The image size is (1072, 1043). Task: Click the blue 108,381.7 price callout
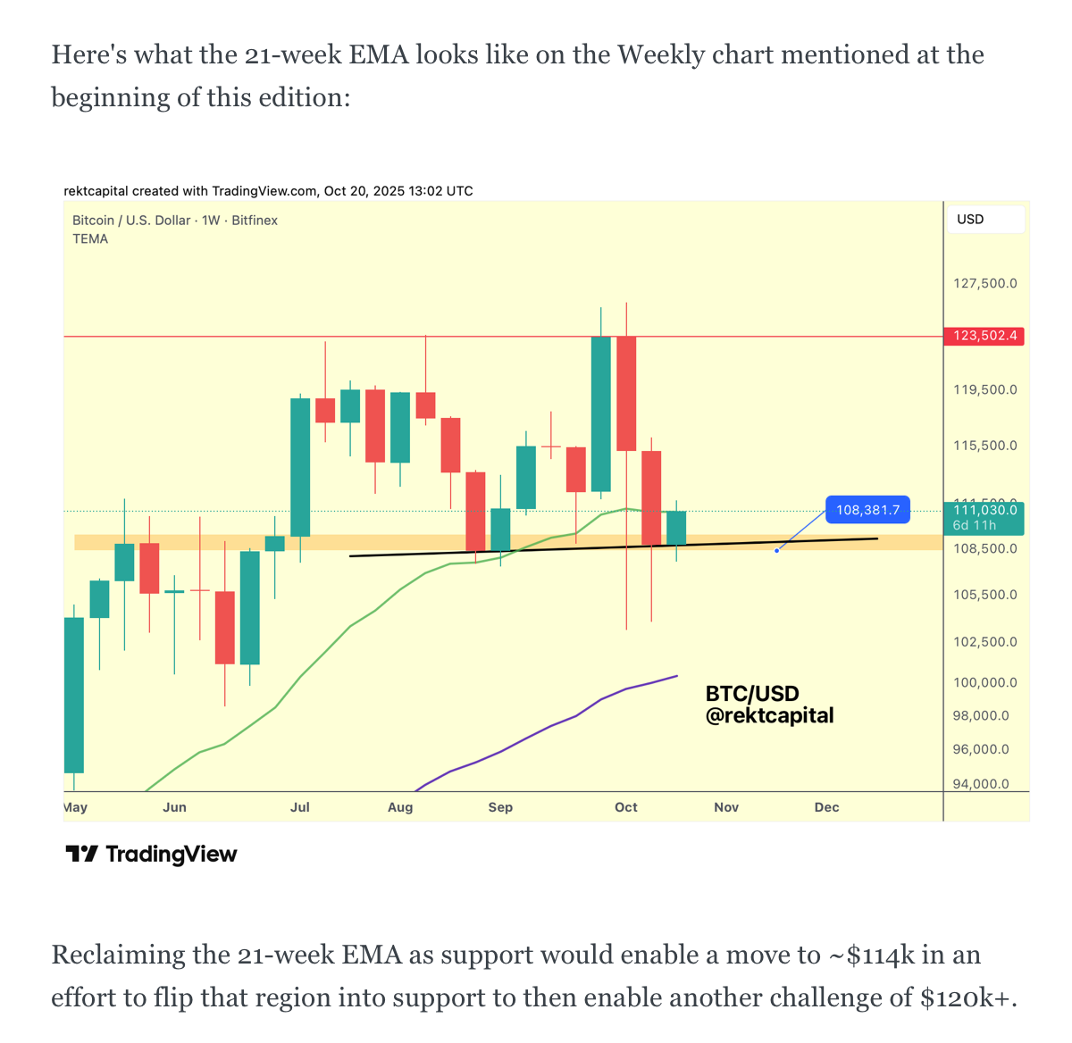867,510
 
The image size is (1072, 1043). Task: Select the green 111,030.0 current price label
984,511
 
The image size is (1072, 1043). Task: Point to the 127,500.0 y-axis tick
984,283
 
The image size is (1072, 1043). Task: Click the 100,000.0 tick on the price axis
984,682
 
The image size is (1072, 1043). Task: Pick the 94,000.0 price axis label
981,784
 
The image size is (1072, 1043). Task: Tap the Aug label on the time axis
400,807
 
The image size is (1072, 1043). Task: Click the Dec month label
826,807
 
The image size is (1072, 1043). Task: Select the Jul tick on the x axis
300,807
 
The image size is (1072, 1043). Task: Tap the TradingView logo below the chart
151,855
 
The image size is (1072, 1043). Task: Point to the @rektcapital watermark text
769,715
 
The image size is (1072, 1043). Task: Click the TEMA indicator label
90,239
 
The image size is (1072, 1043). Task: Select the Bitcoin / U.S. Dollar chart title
131,221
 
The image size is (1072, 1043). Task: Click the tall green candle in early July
300,467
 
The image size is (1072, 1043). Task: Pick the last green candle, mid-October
676,527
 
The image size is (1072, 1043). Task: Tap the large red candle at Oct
626,393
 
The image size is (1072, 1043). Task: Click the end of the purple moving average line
676,676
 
